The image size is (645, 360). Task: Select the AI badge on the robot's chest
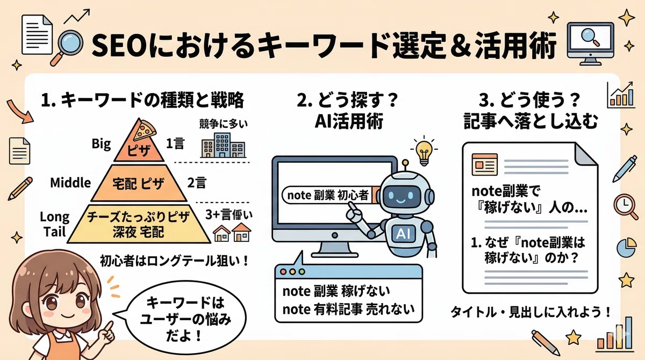[x=403, y=233]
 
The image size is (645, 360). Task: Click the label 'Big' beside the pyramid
[x=101, y=143]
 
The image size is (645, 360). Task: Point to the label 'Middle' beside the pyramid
[x=70, y=183]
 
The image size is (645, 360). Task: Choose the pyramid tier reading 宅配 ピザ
[x=139, y=183]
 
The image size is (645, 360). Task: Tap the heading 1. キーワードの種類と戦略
[x=142, y=100]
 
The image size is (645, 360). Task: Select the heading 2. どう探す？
[x=347, y=100]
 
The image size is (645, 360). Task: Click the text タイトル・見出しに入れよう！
[x=531, y=312]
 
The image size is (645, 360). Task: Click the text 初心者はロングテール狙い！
[x=174, y=261]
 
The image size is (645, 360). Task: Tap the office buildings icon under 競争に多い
[x=223, y=145]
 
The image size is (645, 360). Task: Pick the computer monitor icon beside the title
[x=590, y=43]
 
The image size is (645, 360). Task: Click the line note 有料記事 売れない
[x=348, y=309]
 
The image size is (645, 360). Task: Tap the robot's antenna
[x=405, y=167]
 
